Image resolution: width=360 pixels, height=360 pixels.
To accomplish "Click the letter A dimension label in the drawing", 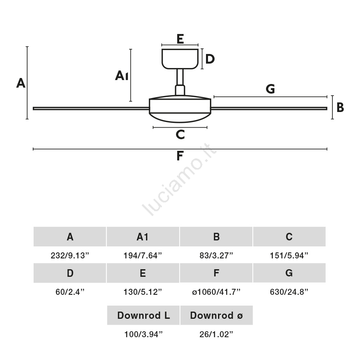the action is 21,83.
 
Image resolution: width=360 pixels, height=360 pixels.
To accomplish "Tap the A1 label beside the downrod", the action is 122,76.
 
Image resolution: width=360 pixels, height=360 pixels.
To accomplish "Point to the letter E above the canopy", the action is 180,39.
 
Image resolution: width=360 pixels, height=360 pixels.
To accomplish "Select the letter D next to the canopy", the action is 210,59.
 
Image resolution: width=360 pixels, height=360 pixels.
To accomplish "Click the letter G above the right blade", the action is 270,89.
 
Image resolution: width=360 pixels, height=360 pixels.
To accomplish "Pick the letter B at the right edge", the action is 340,107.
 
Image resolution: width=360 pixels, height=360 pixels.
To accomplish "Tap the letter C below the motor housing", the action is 180,134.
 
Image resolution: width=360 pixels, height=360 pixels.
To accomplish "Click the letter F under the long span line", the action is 180,156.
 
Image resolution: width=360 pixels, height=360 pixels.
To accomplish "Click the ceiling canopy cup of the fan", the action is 180,59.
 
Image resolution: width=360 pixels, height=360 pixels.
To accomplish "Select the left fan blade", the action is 91,108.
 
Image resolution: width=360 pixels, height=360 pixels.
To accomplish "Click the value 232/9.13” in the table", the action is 70,255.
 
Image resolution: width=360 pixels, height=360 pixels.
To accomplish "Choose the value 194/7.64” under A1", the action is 143,255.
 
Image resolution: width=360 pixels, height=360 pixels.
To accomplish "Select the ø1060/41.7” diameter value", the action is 216,292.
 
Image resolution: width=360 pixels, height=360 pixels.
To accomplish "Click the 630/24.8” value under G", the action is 289,292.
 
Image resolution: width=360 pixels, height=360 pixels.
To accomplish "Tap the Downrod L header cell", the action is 143,315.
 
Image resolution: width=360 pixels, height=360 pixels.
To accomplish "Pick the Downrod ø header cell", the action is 216,315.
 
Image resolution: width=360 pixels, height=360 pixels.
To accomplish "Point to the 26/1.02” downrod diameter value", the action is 216,334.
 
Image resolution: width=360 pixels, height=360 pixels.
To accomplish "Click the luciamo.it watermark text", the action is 179,180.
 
